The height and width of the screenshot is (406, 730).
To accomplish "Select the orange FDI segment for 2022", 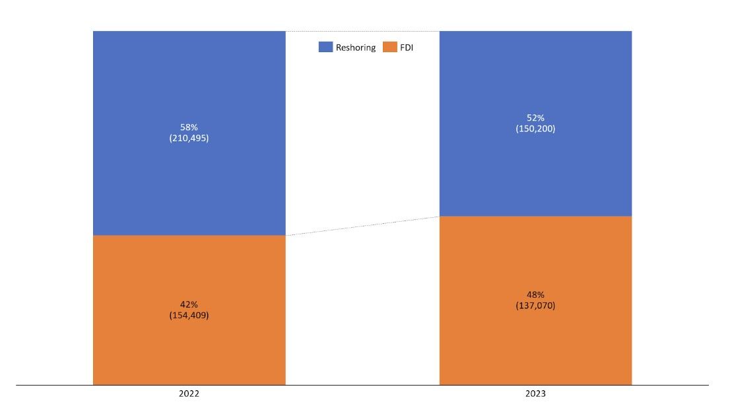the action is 189,310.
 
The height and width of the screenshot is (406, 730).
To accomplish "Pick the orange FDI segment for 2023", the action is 535,301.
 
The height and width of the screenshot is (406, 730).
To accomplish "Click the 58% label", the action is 189,127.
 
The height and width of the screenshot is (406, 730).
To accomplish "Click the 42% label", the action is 189,304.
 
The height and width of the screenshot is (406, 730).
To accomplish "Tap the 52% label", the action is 535,118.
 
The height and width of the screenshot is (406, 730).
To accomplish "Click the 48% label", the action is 535,294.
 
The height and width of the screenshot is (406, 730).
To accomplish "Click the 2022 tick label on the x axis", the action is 189,394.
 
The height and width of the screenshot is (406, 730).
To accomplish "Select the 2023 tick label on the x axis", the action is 535,394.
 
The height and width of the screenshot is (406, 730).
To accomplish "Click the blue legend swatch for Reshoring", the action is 326,47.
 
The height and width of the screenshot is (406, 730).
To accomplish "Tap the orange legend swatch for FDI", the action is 390,47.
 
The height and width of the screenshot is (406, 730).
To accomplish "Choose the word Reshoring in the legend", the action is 356,48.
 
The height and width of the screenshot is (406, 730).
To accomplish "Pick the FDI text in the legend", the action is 407,48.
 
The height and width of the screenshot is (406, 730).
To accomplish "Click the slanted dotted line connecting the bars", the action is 362,226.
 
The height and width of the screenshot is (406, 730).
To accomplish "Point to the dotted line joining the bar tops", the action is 362,31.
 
